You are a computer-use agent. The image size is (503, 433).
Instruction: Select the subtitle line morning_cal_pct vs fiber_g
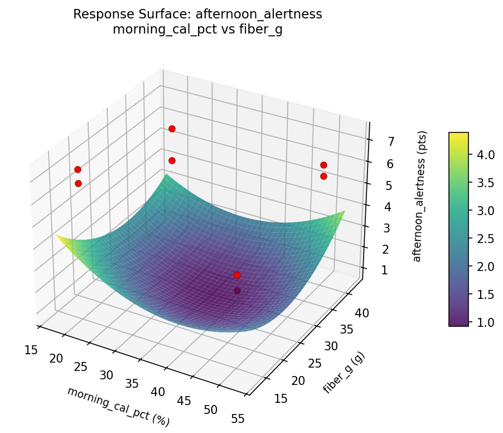pos(197,30)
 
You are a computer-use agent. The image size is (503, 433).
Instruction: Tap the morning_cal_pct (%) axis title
pos(118,406)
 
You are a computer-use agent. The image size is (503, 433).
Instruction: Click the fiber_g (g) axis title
pos(342,372)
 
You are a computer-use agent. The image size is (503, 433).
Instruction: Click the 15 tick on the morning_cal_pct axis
pos(31,350)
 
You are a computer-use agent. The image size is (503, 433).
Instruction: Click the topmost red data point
pos(172,129)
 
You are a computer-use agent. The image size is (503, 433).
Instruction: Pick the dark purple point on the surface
pos(237,291)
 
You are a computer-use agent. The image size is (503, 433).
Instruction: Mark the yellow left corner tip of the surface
pos(56,236)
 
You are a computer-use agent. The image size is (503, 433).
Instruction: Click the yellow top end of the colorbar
pos(458,135)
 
